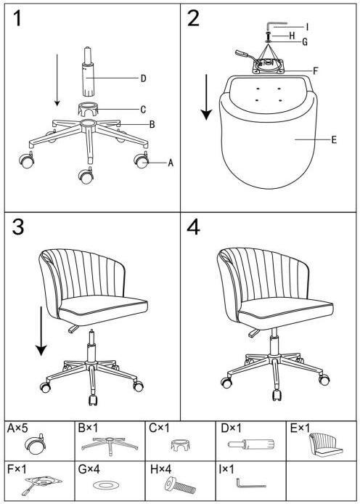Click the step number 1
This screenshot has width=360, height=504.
17,18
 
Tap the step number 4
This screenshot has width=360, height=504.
193,227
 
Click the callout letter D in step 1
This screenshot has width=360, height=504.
143,78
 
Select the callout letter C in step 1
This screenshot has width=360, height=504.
143,110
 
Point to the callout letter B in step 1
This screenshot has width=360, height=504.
152,124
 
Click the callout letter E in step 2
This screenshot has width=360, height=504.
334,140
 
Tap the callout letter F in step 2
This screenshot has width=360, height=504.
315,71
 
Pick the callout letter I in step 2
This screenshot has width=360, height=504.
307,27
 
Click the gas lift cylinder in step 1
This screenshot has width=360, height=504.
88,72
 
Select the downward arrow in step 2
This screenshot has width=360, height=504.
206,97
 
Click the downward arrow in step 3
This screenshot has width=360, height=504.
41,331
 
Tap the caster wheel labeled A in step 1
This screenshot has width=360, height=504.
141,160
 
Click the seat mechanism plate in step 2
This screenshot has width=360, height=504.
268,65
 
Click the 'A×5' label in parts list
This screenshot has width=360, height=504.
17,428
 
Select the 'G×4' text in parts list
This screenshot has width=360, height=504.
89,469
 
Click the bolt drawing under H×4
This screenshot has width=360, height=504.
180,485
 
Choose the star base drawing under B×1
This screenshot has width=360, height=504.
110,444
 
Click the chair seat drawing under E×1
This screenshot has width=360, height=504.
326,444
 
